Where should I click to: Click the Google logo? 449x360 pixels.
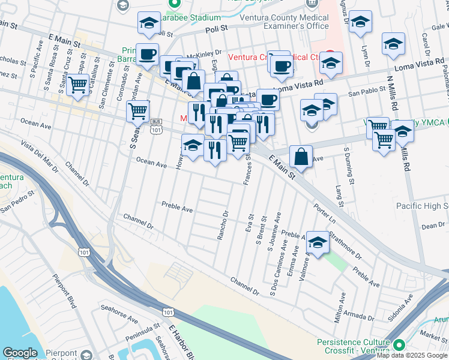[20, 353]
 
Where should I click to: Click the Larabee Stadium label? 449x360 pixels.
[193, 17]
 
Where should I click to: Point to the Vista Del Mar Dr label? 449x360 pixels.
[40, 156]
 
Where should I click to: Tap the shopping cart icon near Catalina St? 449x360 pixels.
[77, 85]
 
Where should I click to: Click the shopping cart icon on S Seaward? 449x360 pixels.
[138, 111]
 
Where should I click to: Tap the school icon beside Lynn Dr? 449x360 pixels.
[360, 23]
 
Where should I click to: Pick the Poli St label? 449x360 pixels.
[217, 28]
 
